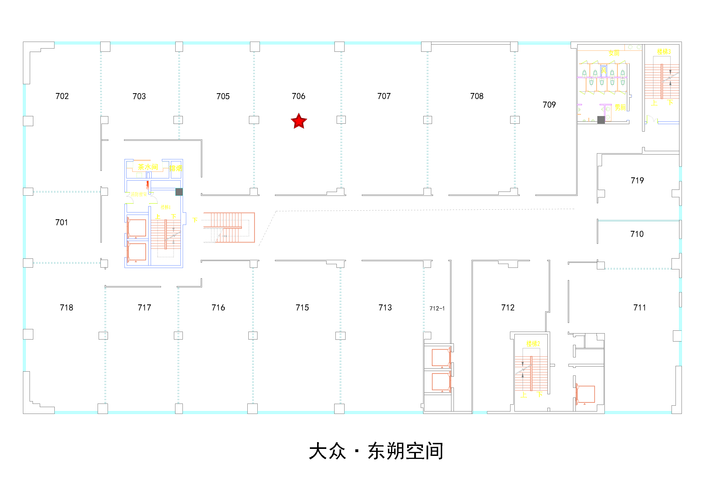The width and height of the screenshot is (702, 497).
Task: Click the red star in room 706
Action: click(x=299, y=121)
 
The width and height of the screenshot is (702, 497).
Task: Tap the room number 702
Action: click(x=62, y=96)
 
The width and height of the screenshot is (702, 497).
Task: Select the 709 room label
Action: click(x=549, y=105)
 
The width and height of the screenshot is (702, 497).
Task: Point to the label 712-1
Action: click(x=437, y=308)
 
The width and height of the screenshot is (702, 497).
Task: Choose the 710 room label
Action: click(x=637, y=234)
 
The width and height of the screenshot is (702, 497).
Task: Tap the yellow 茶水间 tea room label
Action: click(x=148, y=167)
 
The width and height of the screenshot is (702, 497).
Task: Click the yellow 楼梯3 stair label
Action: click(x=664, y=52)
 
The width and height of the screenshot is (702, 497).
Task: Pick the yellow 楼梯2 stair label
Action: click(x=533, y=344)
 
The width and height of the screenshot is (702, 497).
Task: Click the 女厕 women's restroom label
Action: click(x=614, y=53)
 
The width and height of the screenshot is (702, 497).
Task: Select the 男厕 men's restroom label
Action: click(x=620, y=107)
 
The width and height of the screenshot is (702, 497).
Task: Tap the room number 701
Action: click(x=61, y=222)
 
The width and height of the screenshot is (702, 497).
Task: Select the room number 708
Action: click(x=477, y=96)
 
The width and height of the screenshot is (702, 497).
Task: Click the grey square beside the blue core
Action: click(x=179, y=192)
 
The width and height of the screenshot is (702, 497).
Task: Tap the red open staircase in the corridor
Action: click(x=229, y=227)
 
